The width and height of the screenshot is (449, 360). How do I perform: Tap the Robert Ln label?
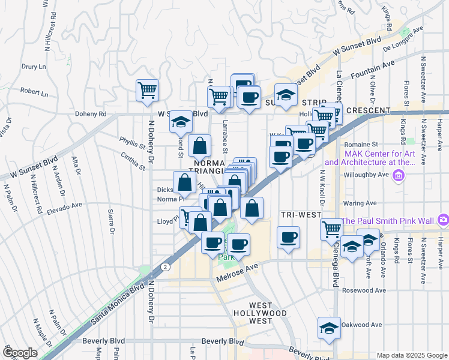pyautogui.click(x=34, y=93)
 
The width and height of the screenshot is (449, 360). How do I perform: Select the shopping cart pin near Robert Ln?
pyautogui.click(x=147, y=91)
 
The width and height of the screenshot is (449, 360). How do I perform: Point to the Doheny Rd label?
pyautogui.click(x=91, y=114)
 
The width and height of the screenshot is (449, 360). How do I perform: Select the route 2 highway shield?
pyautogui.click(x=164, y=266)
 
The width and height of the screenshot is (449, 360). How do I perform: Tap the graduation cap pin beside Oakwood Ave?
pyautogui.click(x=329, y=328)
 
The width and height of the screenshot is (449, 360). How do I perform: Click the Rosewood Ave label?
pyautogui.click(x=362, y=290)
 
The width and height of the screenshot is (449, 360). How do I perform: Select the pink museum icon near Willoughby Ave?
pyautogui.click(x=398, y=175)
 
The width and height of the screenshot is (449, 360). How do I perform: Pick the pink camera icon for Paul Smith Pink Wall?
pyautogui.click(x=442, y=220)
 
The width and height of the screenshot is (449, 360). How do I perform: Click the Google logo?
pyautogui.click(x=19, y=353)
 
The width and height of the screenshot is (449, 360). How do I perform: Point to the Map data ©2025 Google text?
pyautogui.click(x=411, y=355)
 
